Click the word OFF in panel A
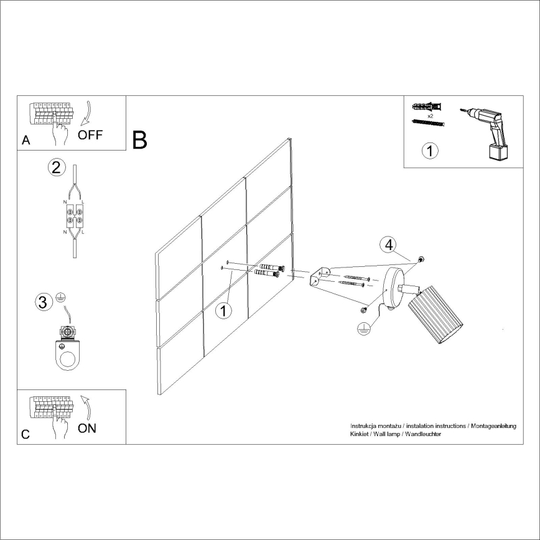[x=90, y=135]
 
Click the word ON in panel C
[x=87, y=429]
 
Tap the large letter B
[x=140, y=140]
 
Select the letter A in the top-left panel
[x=26, y=141]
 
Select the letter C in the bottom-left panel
[x=26, y=435]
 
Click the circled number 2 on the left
[x=57, y=167]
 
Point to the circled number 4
[x=388, y=244]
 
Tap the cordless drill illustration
[x=490, y=131]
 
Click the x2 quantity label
[x=430, y=116]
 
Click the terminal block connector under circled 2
[x=75, y=216]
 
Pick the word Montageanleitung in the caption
[x=493, y=426]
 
